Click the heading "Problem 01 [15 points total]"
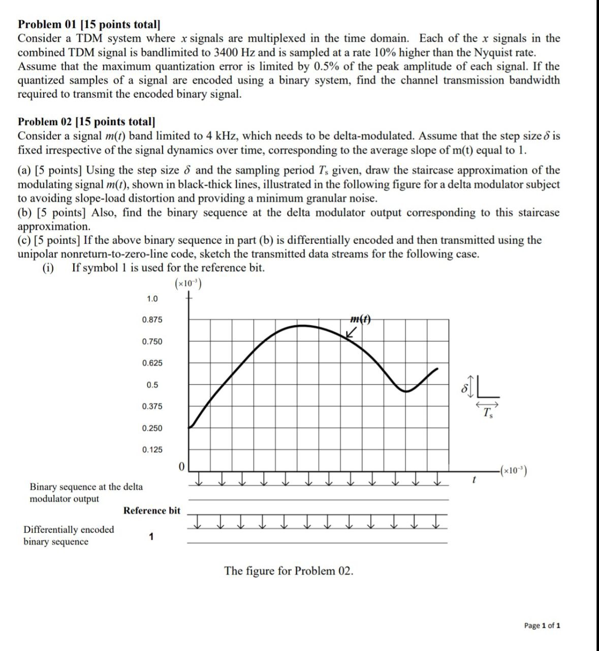click(x=89, y=24)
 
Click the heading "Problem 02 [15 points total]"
click(x=86, y=122)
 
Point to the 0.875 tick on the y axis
click(x=152, y=320)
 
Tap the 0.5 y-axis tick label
click(x=152, y=385)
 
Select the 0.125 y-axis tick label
click(x=152, y=450)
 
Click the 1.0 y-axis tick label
click(x=152, y=299)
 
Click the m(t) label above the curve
click(x=360, y=319)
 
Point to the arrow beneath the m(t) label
click(x=350, y=333)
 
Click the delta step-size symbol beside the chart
click(x=463, y=388)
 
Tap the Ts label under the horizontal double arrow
click(x=488, y=412)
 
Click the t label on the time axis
click(x=474, y=479)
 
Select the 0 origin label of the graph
click(x=181, y=466)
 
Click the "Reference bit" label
click(x=151, y=511)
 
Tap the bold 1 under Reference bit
click(x=151, y=537)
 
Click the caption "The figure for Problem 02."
click(x=289, y=571)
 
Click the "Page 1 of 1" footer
click(x=542, y=626)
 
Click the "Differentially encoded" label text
click(x=69, y=529)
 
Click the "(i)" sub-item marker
click(x=48, y=268)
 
